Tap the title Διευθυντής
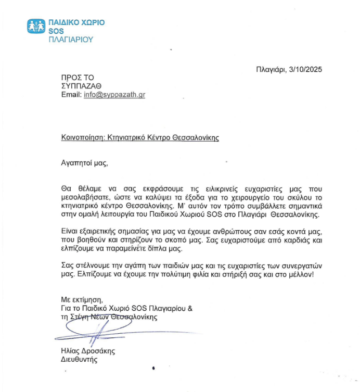tap(79, 360)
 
